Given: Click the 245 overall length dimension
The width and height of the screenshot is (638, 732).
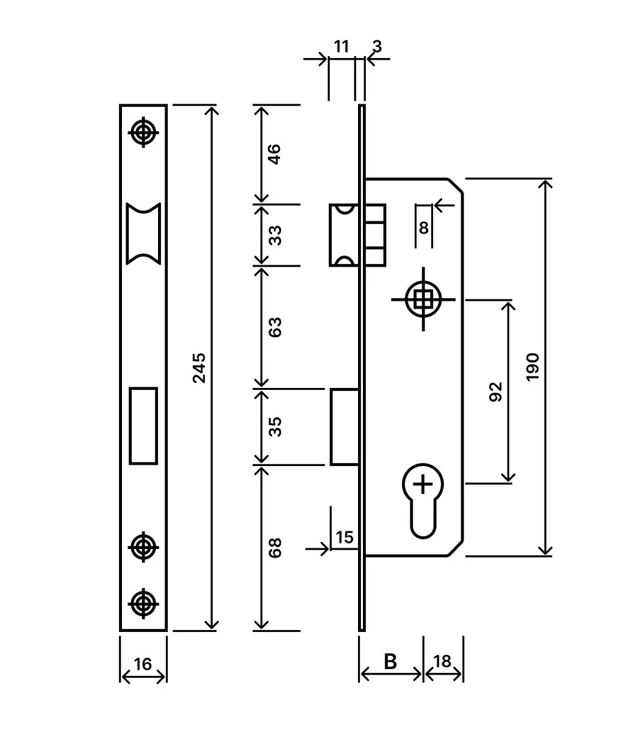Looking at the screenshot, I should pos(199,368).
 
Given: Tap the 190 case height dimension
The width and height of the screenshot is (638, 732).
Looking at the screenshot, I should pos(532,367).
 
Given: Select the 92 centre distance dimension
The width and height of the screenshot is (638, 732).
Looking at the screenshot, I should pos(495,392).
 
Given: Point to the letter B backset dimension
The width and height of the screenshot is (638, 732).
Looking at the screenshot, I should pos(390,661).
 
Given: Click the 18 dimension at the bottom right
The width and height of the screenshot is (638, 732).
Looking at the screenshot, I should pos(443,661).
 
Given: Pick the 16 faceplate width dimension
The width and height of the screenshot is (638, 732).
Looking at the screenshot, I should pos(143,664).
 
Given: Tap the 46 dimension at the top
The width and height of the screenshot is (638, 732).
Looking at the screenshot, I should pos(275,154).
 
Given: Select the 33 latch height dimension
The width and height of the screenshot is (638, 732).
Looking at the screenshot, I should pos(275,235).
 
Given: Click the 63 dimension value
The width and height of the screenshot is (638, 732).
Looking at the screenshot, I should pos(275,327).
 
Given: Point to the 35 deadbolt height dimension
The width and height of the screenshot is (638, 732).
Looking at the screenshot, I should pos(275,426).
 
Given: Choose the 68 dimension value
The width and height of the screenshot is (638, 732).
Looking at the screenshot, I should pos(275,547).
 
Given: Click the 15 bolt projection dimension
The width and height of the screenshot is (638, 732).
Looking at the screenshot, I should pos(345,537).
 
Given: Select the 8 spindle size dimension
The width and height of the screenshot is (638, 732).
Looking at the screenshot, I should pos(424,228).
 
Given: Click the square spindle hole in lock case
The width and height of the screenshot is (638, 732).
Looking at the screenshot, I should pos(423,300).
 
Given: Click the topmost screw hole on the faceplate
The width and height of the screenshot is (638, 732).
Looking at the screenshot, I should pos(143,131).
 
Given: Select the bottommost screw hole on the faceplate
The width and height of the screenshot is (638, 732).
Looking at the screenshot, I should pos(143,604).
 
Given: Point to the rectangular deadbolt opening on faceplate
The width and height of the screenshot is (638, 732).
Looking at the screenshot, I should pos(143,426).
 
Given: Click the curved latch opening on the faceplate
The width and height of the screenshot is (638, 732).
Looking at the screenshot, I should pos(143,233).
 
